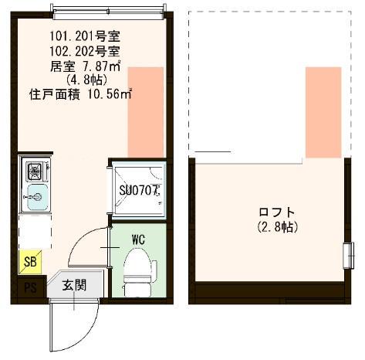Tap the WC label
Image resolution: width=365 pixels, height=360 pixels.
(139, 239)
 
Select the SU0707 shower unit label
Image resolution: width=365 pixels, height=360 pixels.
(139, 189)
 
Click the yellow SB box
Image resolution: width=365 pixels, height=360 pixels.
(29, 262)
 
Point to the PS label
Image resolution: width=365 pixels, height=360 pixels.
(29, 289)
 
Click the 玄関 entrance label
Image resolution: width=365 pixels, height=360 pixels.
(74, 285)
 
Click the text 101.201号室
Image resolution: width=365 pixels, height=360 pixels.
(85, 36)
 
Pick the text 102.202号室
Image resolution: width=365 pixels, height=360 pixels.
(85, 51)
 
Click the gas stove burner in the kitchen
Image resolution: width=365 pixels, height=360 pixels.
(35, 169)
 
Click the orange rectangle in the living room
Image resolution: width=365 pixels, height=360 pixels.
(145, 111)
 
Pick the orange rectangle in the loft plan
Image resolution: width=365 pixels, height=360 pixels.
(323, 111)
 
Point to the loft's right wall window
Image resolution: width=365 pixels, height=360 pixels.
(346, 256)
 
